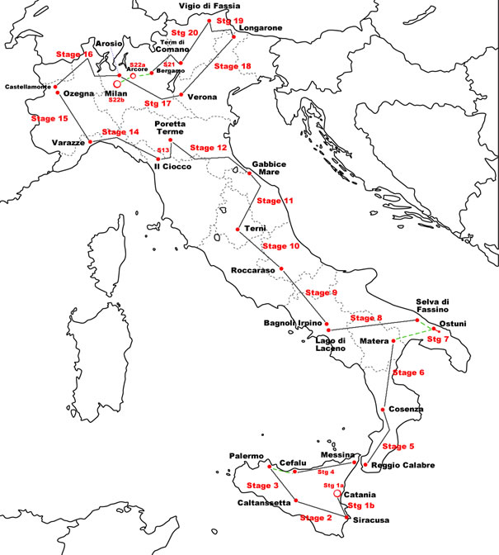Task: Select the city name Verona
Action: (202, 97)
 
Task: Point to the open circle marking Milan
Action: (117, 83)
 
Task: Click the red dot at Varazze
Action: (90, 142)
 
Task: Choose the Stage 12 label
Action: (208, 148)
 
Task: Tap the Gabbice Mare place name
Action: (269, 169)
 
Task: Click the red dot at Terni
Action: (238, 229)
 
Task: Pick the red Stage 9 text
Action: (321, 293)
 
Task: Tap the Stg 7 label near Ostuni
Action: (438, 339)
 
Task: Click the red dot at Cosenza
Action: (384, 410)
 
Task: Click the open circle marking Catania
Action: (337, 493)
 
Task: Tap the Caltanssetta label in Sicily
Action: (265, 503)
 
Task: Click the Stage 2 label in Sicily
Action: (315, 518)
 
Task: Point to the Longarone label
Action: (261, 28)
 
